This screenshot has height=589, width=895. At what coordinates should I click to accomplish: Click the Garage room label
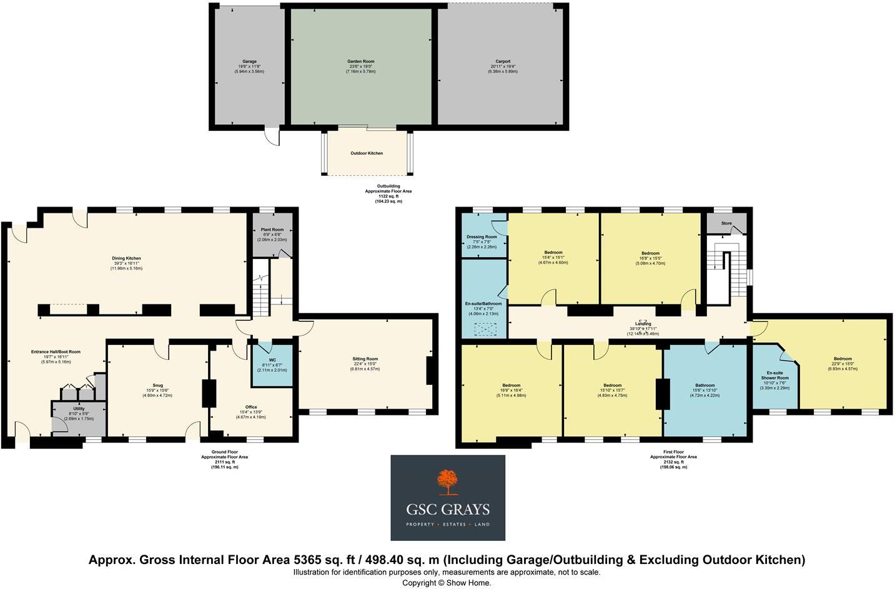click(x=249, y=62)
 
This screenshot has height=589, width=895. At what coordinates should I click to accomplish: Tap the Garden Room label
click(x=360, y=62)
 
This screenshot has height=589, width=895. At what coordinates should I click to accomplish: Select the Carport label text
click(x=503, y=62)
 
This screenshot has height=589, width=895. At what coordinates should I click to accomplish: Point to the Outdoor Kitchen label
click(x=367, y=153)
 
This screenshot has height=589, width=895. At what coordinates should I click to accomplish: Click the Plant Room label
click(x=272, y=230)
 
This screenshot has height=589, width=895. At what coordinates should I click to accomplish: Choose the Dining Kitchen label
click(x=126, y=258)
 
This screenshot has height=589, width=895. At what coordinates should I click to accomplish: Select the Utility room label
click(x=79, y=409)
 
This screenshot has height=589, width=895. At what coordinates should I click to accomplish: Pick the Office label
click(x=250, y=407)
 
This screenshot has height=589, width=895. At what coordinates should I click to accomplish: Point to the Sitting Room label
click(x=365, y=359)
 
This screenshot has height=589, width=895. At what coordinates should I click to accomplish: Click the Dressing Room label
click(x=482, y=237)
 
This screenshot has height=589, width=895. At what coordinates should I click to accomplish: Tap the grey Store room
click(x=726, y=223)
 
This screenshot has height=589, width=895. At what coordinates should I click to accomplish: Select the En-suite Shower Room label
click(x=774, y=376)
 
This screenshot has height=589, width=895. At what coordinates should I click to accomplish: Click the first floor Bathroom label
click(x=705, y=386)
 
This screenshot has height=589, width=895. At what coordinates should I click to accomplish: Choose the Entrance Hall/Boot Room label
click(x=56, y=352)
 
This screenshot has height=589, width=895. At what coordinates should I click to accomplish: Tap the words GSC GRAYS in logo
click(x=448, y=509)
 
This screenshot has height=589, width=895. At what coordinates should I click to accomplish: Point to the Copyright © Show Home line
click(x=447, y=583)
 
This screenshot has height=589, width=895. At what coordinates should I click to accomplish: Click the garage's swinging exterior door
click(x=270, y=137)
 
